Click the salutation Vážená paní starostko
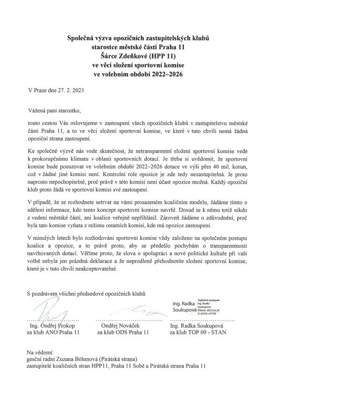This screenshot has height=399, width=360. [x=54, y=111]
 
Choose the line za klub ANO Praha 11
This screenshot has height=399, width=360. [x=54, y=332]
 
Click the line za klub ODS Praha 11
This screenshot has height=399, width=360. [x=123, y=332]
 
